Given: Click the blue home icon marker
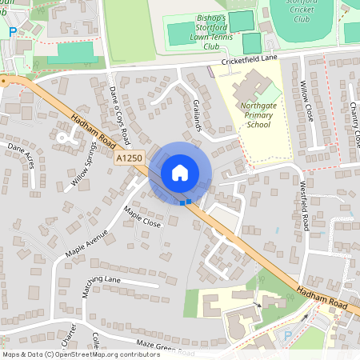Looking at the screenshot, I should (x=179, y=173).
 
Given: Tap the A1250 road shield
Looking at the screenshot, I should (x=129, y=159).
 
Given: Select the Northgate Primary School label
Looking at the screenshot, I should (x=255, y=114).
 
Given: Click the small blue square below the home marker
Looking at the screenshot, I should (x=183, y=202).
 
